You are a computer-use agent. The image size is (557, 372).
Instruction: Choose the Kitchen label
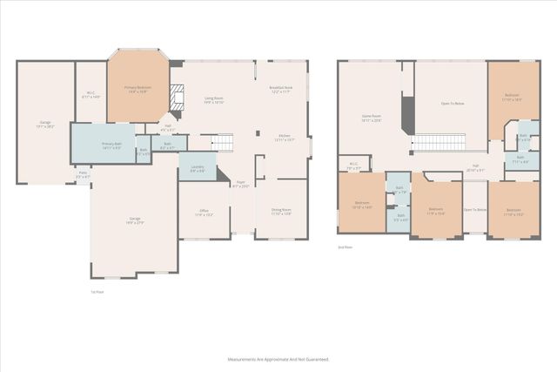pyautogui.click(x=284, y=137)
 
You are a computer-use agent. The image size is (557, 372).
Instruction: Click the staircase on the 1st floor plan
pyautogui.click(x=225, y=142)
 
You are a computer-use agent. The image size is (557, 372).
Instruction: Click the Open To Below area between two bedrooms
pyautogui.click(x=473, y=210)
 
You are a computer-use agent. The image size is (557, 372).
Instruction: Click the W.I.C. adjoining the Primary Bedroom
pyautogui.click(x=91, y=95)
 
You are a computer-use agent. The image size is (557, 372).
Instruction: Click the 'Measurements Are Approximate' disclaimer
pyautogui.click(x=278, y=359)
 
